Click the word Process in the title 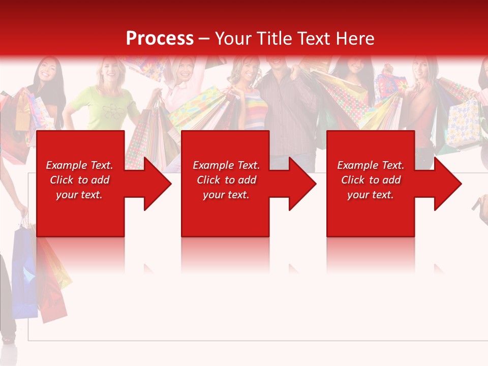point(160,38)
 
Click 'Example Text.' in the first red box point(79,165)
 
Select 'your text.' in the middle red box point(226,195)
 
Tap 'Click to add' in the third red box point(371,180)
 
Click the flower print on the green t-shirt point(110,109)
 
